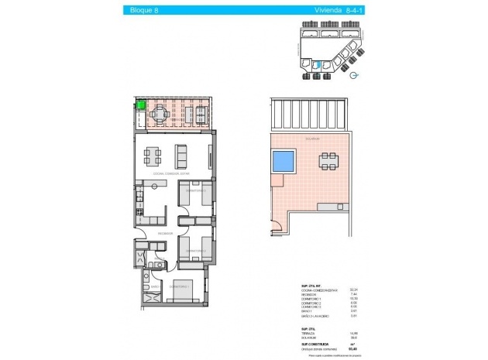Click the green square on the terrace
pos(143,108)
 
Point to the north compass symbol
pos(355,75)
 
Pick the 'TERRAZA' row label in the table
pos(309,332)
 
